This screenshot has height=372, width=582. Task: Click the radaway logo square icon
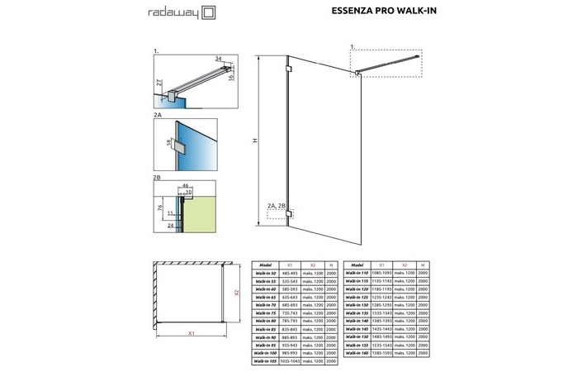pos(209,12)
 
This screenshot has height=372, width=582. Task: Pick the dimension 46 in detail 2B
pos(186,186)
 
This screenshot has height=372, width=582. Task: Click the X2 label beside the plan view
pos(236,293)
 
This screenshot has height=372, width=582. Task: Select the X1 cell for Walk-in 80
pos(290,322)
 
